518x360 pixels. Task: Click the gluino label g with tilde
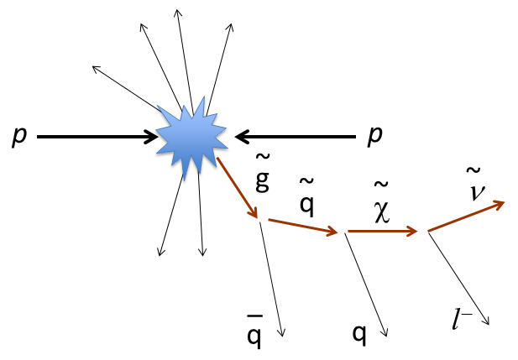tap(263, 173)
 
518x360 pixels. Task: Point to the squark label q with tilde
tap(307, 197)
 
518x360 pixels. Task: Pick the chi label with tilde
tap(382, 202)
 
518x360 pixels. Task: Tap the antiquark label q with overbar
tap(254, 331)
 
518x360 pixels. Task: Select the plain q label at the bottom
tap(359, 334)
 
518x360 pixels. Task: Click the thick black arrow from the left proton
tap(97, 137)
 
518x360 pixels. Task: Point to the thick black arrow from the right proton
tap(295, 137)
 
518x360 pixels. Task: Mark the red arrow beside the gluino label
tap(237, 188)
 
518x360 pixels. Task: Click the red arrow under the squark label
tap(303, 227)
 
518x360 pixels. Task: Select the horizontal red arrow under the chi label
tap(383, 232)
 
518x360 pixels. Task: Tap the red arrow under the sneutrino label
tap(466, 216)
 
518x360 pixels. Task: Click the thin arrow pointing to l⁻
tap(459, 279)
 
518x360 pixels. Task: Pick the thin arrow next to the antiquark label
tap(271, 279)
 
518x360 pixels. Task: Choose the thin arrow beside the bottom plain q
tap(366, 284)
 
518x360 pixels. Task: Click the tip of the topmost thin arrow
tap(178, 10)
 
